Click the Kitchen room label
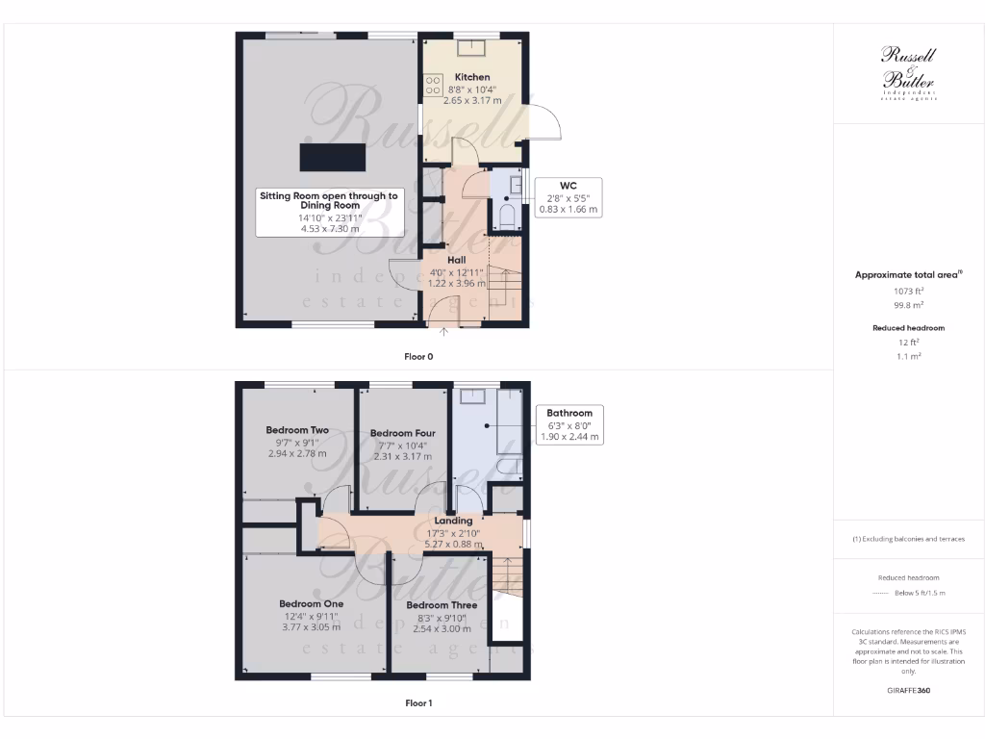coord(472,77)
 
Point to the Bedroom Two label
coord(297,430)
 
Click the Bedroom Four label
coord(402,433)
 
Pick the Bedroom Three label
coord(442,605)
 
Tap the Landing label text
coord(454,521)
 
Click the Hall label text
coord(457,260)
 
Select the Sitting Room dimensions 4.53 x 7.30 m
coord(328,229)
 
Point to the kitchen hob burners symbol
coord(433,85)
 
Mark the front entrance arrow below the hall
coord(444,333)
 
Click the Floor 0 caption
coord(418,356)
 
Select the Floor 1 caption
coord(418,703)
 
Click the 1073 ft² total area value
coord(908,290)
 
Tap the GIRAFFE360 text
coord(908,690)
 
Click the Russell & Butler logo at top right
coord(908,72)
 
